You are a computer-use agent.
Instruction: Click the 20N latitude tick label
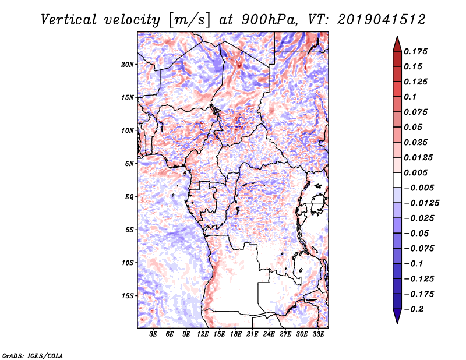pos(128,65)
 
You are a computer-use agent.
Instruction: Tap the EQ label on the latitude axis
pos(129,197)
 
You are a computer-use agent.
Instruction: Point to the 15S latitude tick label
pos(128,296)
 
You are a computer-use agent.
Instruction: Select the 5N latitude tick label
pos(129,164)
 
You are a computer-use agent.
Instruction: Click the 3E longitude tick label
pos(153,334)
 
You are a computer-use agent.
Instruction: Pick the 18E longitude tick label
pos(236,334)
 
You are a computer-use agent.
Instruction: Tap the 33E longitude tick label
pos(318,334)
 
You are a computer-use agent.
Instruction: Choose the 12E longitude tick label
pos(203,334)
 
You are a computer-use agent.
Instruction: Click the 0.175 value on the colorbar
pos(415,51)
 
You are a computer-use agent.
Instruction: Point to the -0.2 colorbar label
pos(414,309)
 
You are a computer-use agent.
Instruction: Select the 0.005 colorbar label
pos(415,172)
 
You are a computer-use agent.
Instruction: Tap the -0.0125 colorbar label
pos(421,203)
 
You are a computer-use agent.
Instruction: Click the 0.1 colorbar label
pos(410,97)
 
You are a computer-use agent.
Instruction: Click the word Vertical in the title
pos(69,20)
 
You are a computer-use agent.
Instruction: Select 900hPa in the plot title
pos(269,20)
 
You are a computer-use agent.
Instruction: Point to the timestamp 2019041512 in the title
pos(382,20)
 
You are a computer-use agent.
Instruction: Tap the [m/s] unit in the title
pos(189,20)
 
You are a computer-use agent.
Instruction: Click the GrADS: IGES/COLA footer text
pos(33,355)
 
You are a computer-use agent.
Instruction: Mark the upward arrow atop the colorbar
pos(397,44)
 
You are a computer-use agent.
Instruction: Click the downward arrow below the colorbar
pos(397,316)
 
